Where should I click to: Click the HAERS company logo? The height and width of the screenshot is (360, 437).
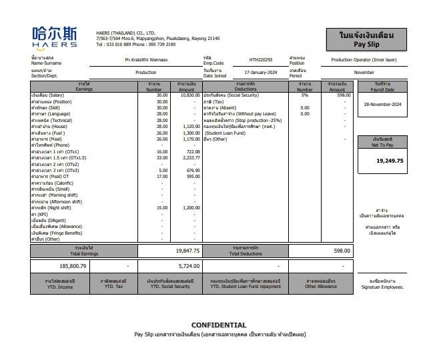pos(58,37)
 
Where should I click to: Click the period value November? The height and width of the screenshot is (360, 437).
pos(364,72)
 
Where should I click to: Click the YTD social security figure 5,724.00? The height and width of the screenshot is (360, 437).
pos(187,265)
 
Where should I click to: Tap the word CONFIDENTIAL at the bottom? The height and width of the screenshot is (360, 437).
pos(219,325)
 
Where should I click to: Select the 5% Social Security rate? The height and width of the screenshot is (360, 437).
pos(305,95)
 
